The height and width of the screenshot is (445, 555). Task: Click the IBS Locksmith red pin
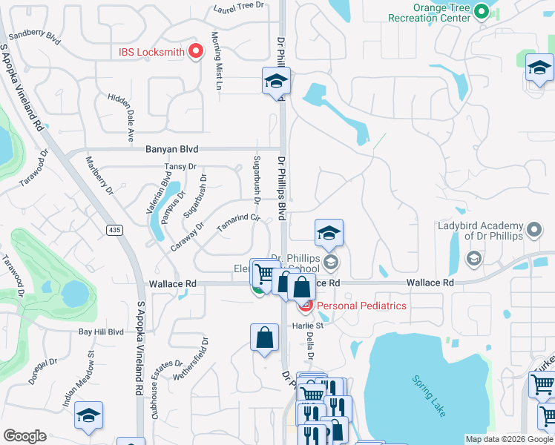point(196,50)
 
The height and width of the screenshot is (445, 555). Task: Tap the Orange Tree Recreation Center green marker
point(482,12)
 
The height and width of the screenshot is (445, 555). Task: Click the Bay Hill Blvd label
point(102,332)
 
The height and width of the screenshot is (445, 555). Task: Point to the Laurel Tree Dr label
point(239,5)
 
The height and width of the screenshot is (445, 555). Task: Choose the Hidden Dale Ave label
point(120,118)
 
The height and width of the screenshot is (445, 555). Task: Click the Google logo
point(24,436)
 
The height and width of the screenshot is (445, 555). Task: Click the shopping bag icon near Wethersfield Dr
point(265,339)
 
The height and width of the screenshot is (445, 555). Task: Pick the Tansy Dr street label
point(180,166)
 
